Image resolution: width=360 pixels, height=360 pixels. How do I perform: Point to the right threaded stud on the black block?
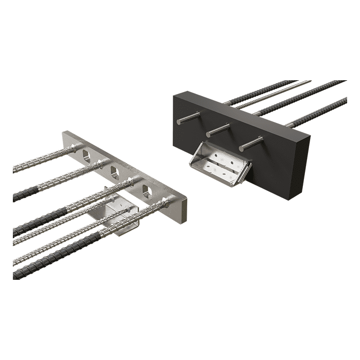click(251, 142)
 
